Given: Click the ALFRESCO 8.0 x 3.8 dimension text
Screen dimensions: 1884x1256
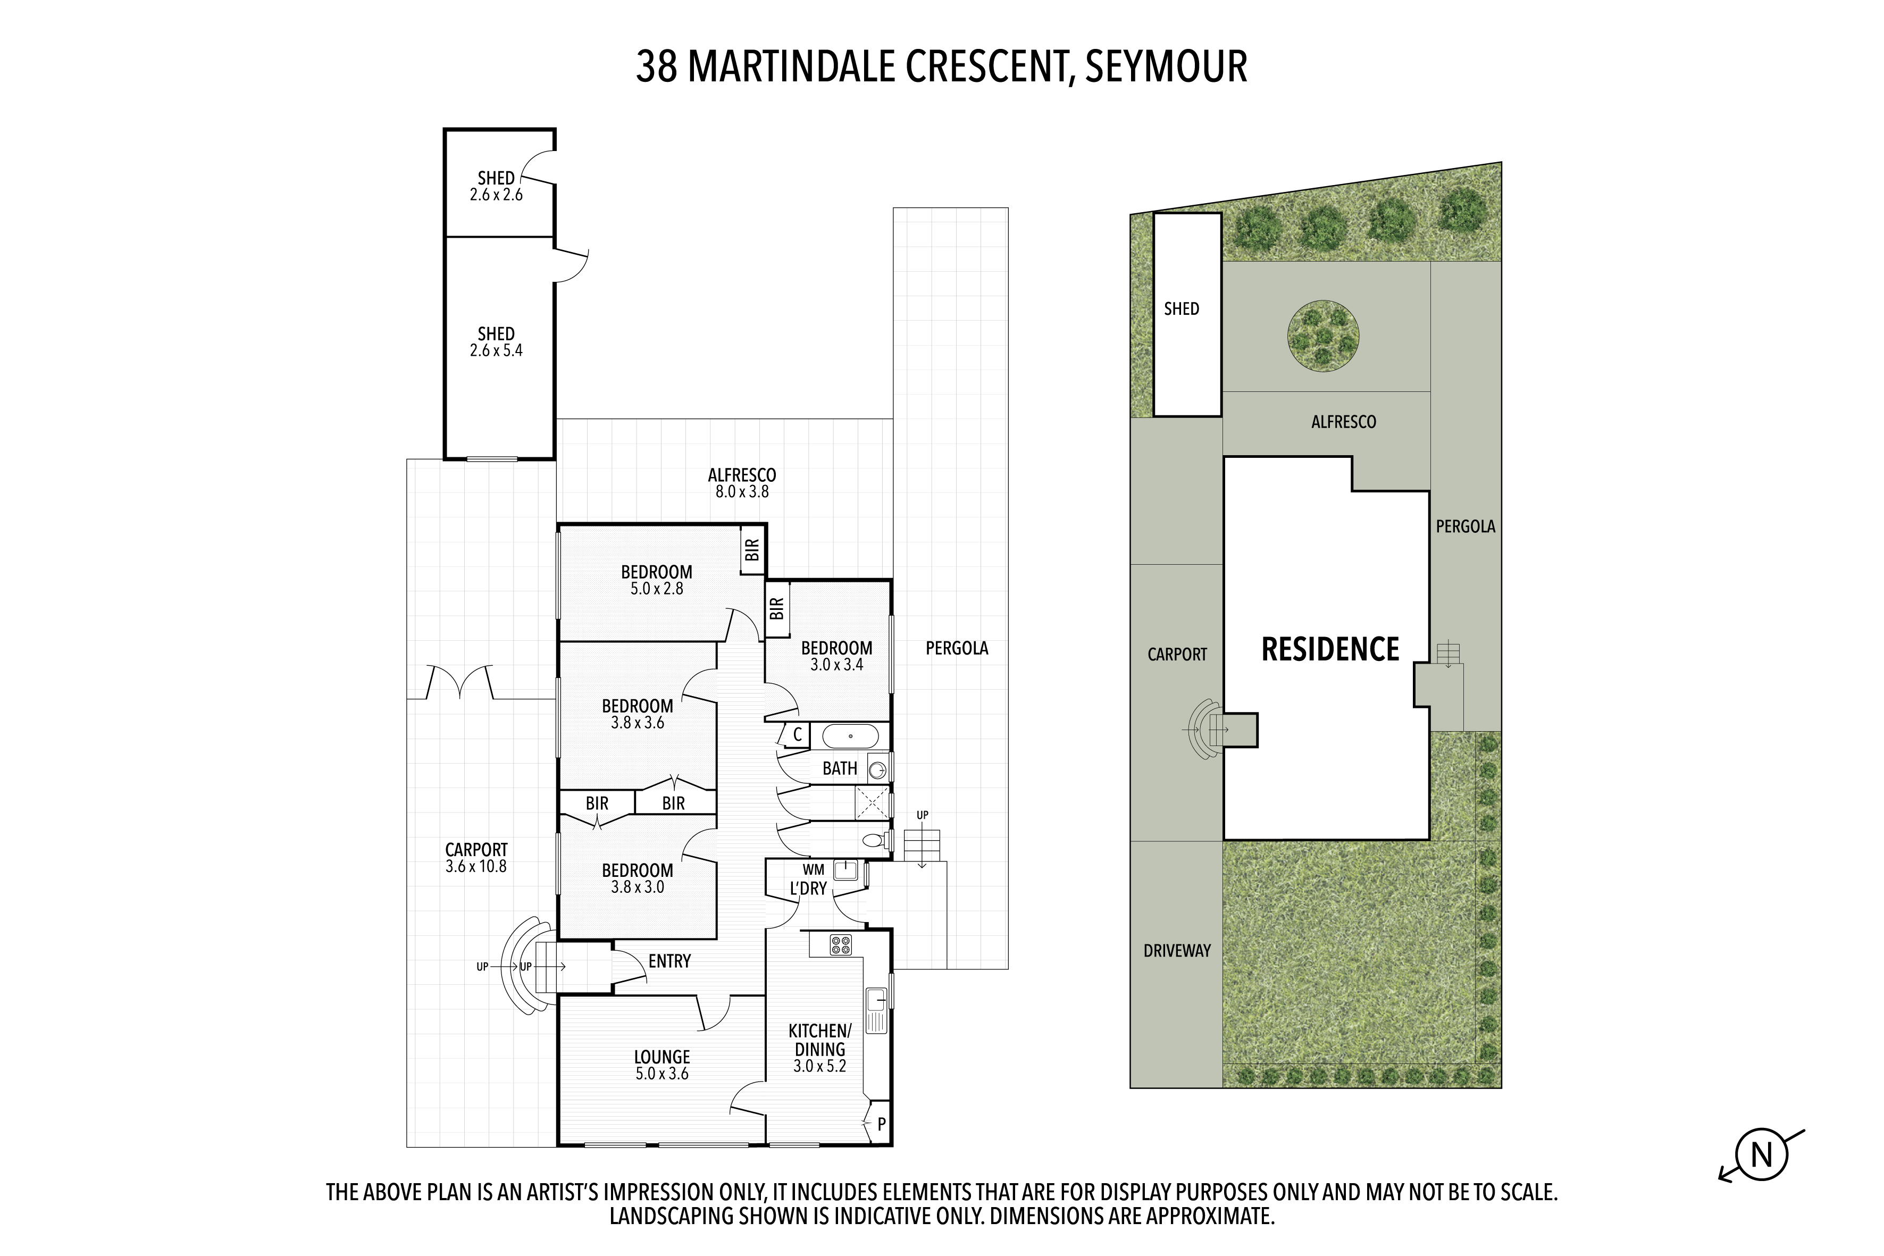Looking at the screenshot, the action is (x=742, y=492).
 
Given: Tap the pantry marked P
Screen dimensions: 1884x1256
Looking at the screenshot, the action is (x=881, y=1124).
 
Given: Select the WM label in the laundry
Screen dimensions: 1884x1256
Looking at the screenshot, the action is (x=813, y=869).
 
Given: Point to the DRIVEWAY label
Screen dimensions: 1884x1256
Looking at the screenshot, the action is (x=1177, y=951).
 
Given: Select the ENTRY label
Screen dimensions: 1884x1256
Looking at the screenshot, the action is (x=669, y=961).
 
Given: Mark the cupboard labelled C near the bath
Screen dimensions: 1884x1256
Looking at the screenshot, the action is (x=796, y=734).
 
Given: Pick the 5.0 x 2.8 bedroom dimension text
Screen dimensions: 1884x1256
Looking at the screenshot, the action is (x=656, y=589).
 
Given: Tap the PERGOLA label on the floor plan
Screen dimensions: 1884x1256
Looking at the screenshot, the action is (x=957, y=648).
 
